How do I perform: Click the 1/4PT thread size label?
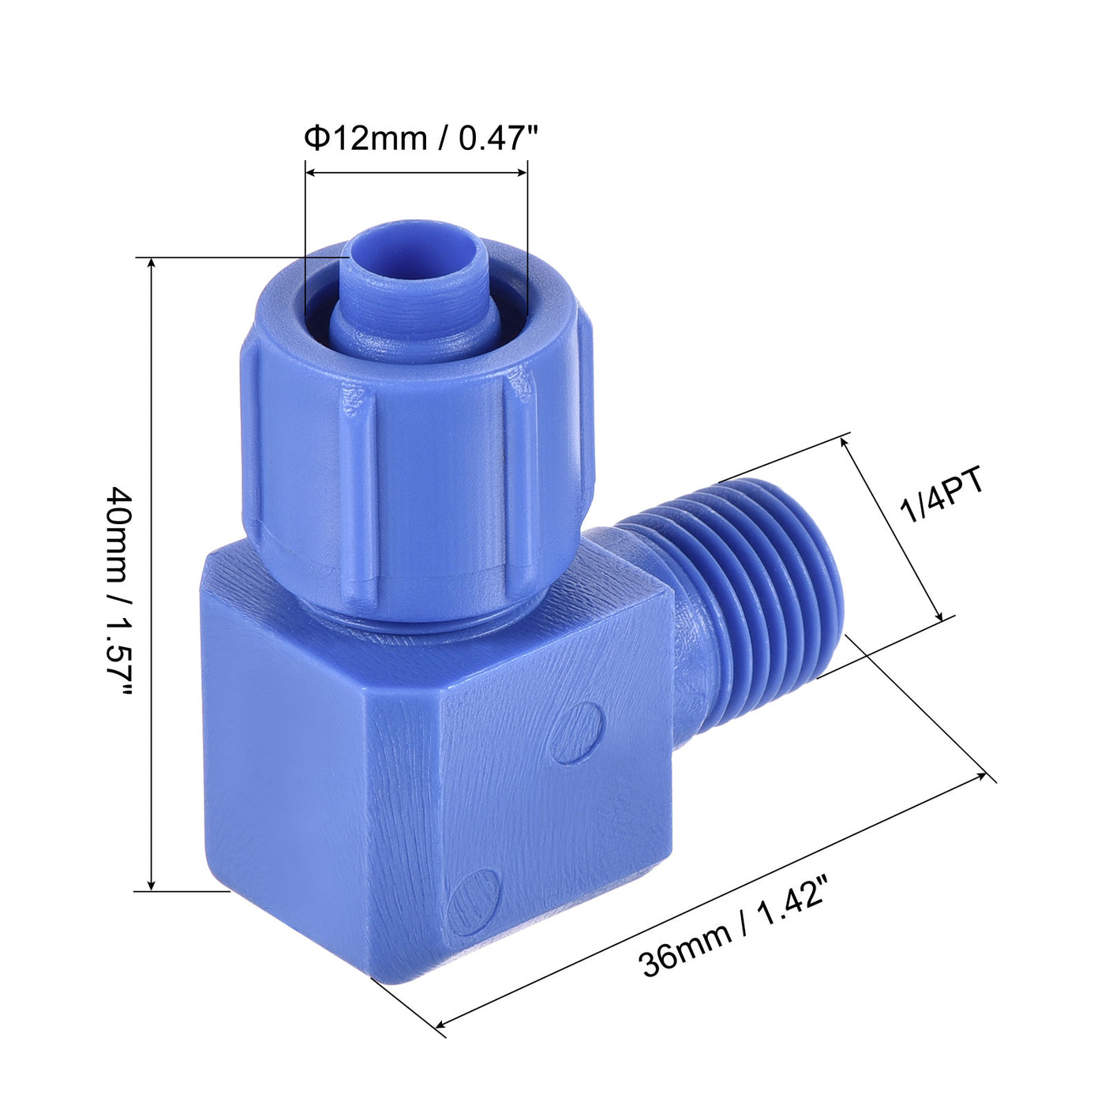point(944,496)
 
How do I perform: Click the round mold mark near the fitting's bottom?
point(474,902)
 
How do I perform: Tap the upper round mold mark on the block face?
point(578,732)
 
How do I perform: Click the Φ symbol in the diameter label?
point(316,139)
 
